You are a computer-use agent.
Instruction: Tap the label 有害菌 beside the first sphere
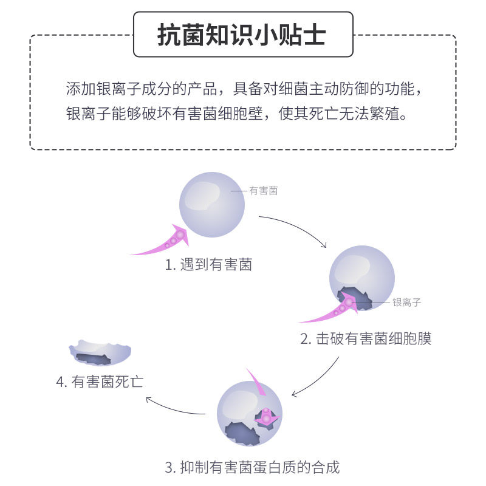263,191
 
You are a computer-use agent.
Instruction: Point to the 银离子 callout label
406,302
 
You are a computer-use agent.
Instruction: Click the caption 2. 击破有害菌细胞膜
366,338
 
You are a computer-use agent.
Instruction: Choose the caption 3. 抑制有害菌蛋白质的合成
252,467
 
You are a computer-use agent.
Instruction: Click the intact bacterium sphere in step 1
213,204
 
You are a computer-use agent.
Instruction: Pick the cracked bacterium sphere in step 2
362,276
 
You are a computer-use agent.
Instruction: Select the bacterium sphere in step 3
249,413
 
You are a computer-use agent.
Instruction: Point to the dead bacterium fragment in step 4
100,353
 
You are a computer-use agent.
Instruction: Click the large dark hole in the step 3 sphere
242,431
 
